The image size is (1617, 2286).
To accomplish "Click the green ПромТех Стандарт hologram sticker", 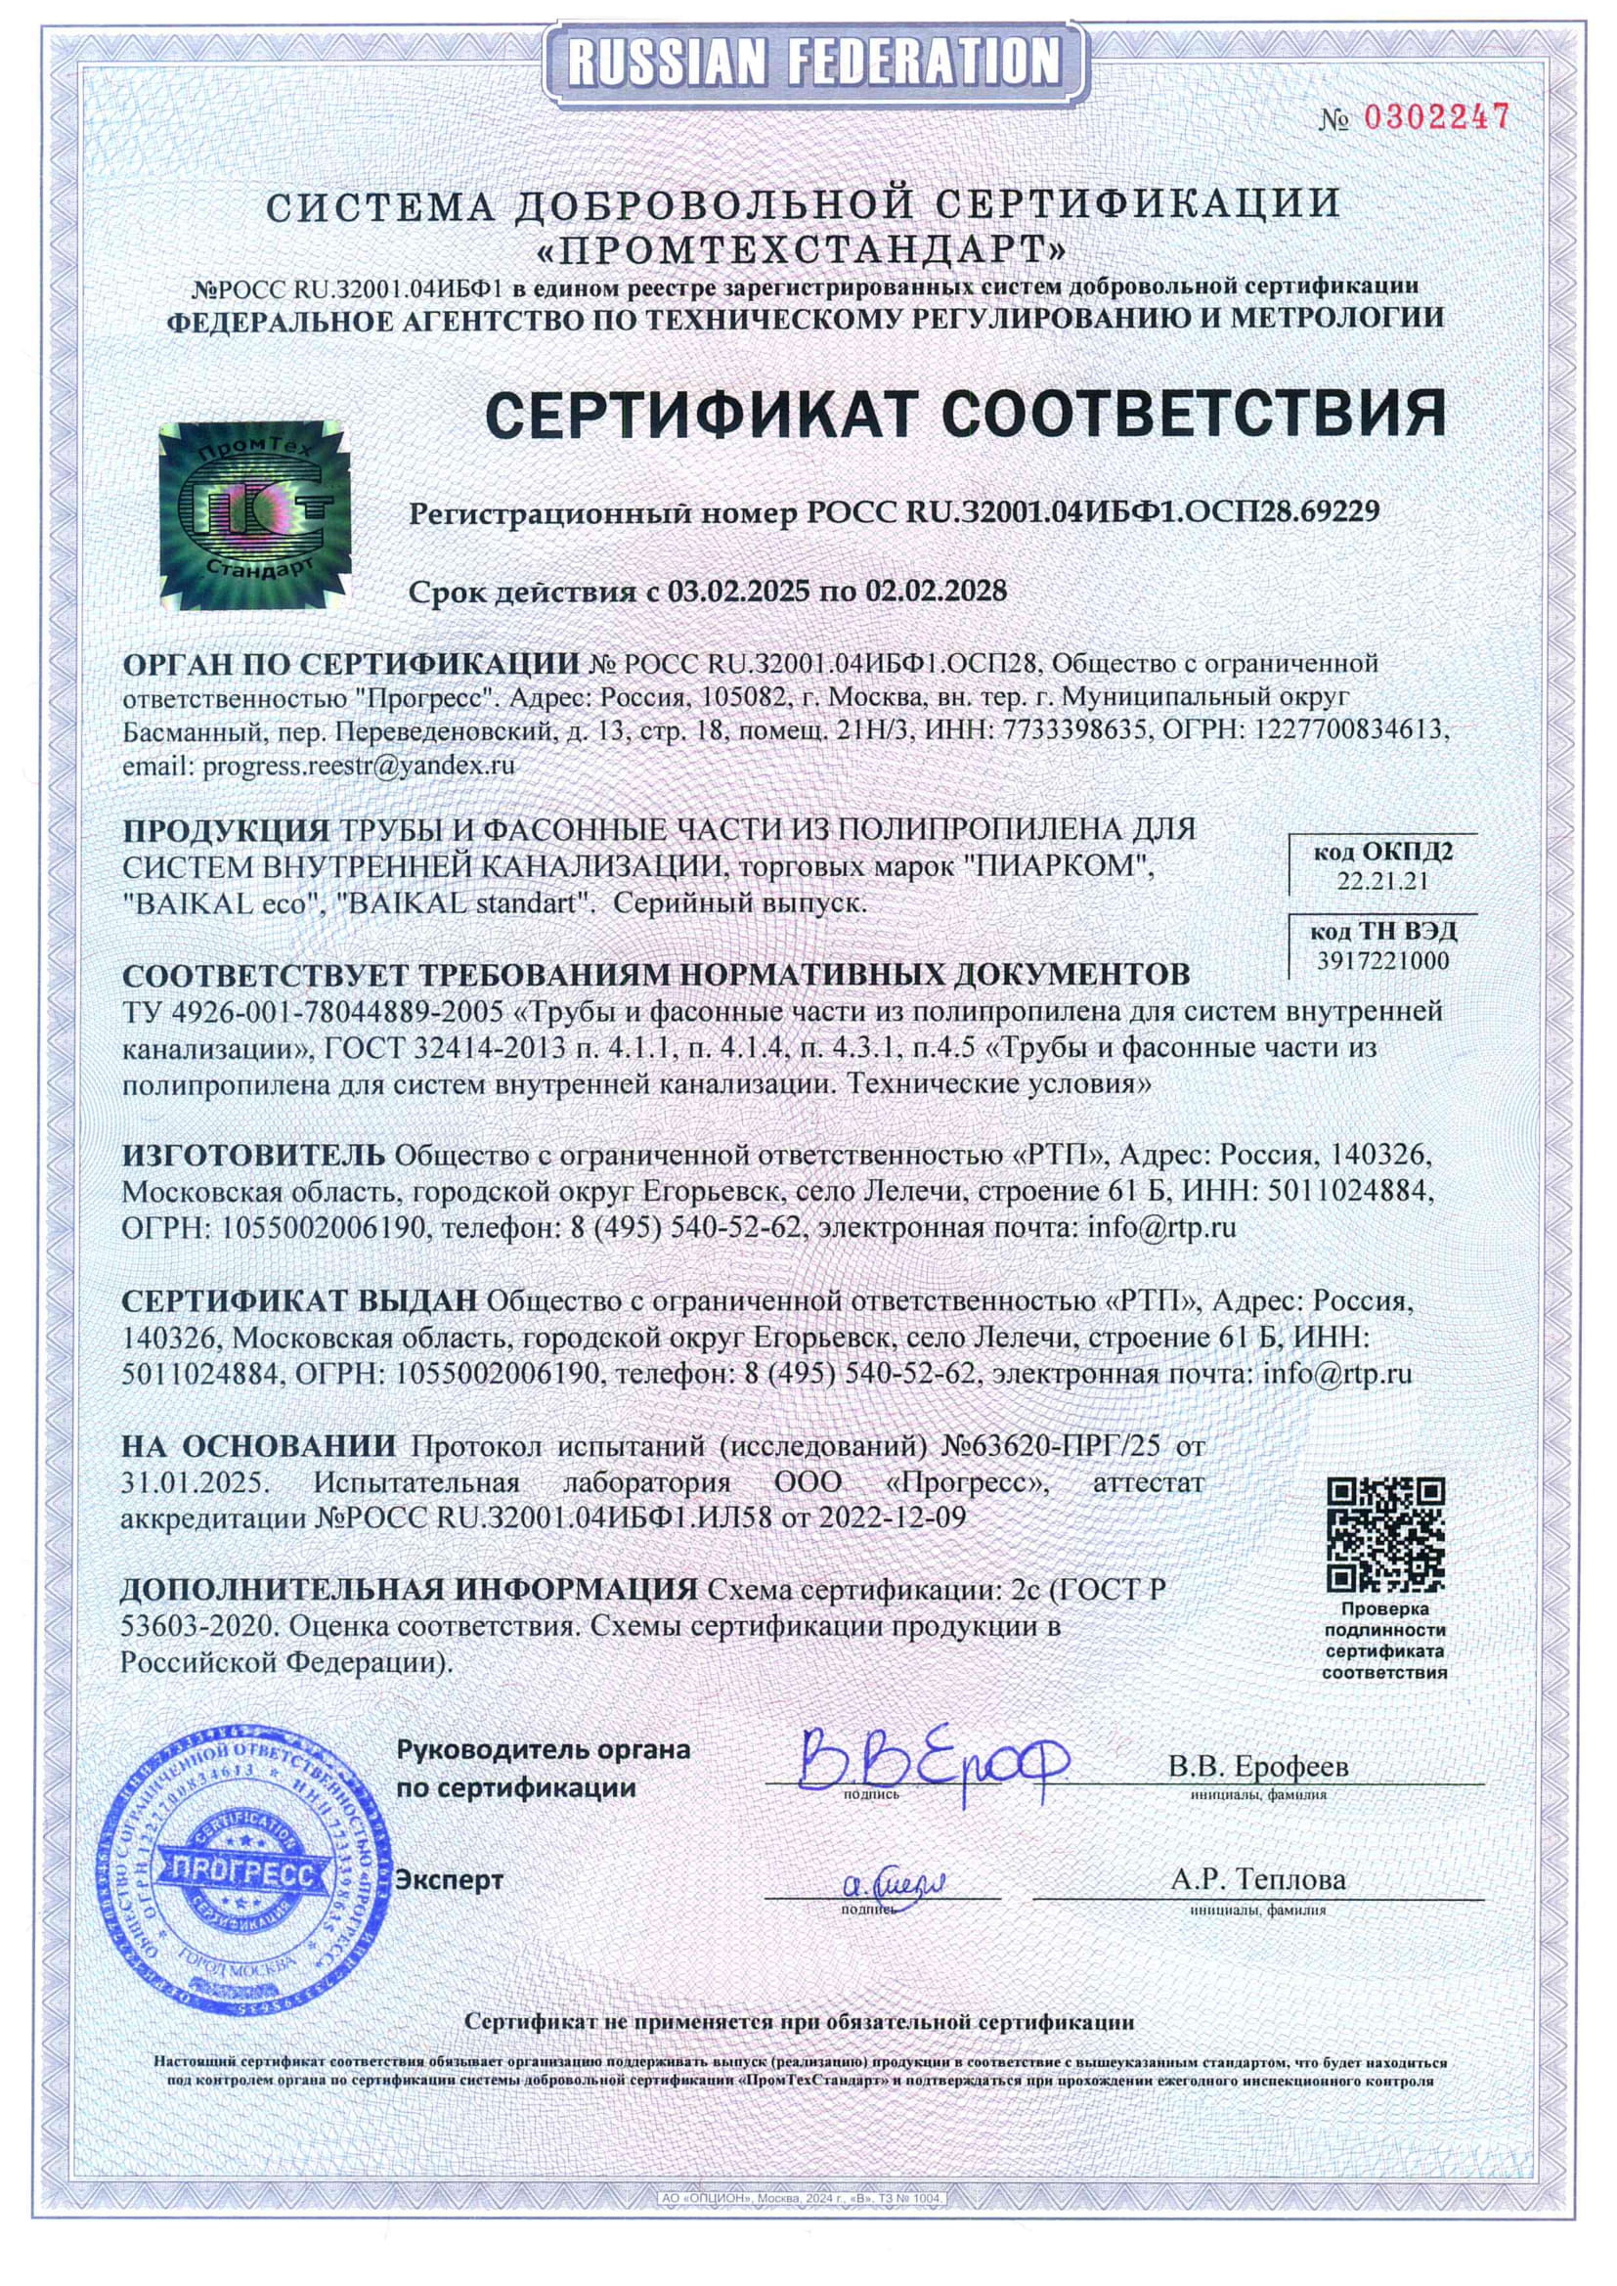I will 255,514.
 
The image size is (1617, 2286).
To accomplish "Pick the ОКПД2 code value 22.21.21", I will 1382,881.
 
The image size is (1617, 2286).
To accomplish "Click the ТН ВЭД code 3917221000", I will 1383,961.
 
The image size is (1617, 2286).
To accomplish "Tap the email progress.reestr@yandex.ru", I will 359,766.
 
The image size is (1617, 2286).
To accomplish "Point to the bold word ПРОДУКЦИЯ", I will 226,829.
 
